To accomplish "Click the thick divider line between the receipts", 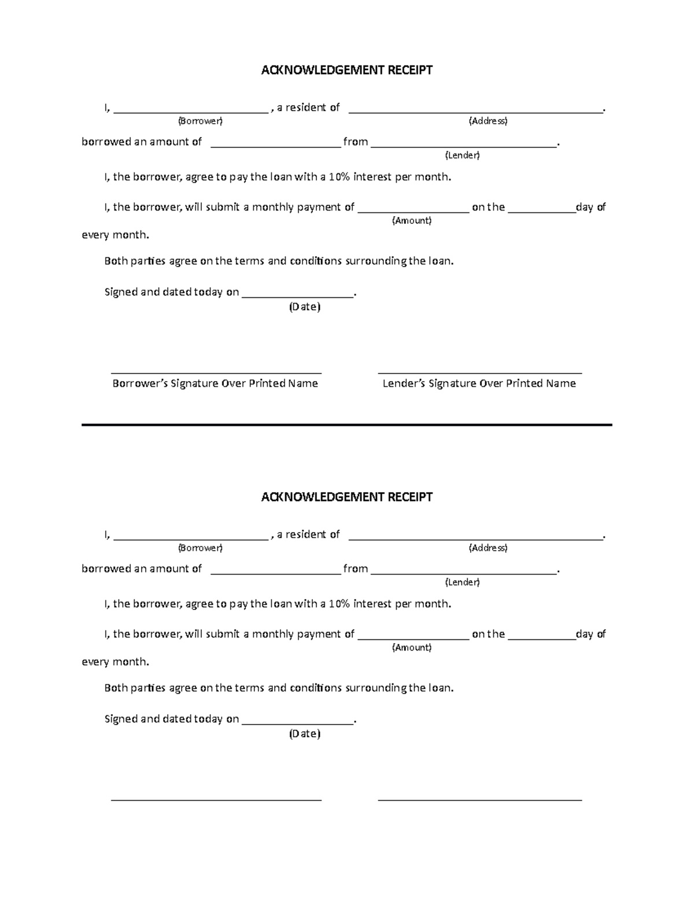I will (346, 425).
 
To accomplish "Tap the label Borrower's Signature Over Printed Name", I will (215, 383).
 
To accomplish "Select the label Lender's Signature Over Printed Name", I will (479, 383).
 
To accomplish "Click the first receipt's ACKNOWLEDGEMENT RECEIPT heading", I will (346, 71).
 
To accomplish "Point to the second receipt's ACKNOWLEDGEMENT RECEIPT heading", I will (346, 497).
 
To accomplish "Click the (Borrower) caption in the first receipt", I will (200, 121).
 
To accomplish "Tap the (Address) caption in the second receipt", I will (488, 548).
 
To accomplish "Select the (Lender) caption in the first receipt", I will (462, 156).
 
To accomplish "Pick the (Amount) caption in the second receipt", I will (412, 648).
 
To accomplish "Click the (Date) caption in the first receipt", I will (305, 307).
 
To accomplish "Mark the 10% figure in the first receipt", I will (339, 177).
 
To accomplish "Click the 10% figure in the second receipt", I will (339, 604).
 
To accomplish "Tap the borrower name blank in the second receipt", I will (191, 538).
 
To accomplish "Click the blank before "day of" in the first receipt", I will (542, 212).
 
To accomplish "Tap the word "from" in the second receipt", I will (356, 569).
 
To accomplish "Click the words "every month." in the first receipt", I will (115, 235).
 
